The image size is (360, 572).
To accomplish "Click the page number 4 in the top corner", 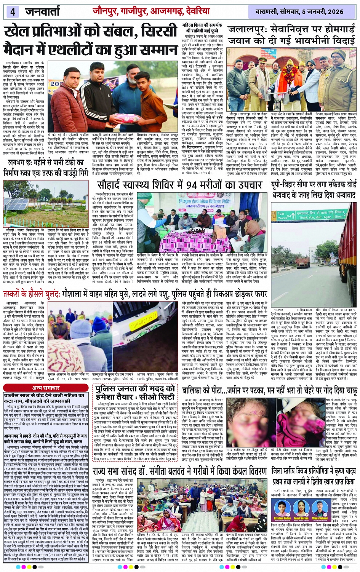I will (13, 11).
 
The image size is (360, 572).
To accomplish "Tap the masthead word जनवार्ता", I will (43, 11).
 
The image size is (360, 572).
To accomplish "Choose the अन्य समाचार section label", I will (46, 388).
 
